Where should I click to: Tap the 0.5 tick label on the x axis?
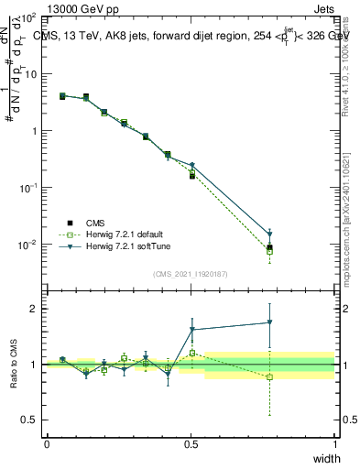pyautogui.click(x=191, y=444)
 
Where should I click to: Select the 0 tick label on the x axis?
pyautogui.click(x=47, y=444)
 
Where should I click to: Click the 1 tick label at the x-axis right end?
pyautogui.click(x=334, y=444)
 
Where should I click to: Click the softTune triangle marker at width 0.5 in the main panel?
pyautogui.click(x=192, y=165)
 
